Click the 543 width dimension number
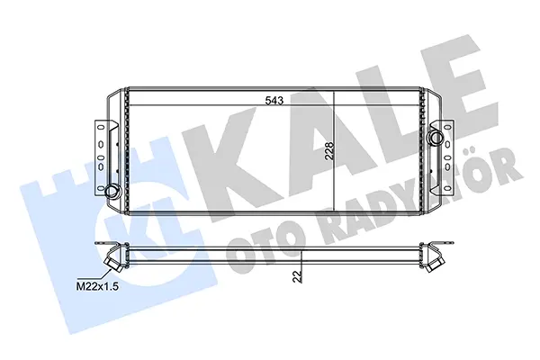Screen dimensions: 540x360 click(x=274, y=101)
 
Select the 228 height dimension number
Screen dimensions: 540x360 click(x=329, y=150)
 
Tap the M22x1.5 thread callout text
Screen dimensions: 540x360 click(x=97, y=286)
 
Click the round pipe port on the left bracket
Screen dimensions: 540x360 click(x=112, y=191)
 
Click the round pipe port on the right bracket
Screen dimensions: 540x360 click(x=436, y=138)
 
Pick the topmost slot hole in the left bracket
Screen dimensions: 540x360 click(x=101, y=127)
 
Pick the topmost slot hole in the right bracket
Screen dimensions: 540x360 click(x=447, y=127)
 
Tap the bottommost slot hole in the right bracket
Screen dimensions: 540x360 click(x=447, y=188)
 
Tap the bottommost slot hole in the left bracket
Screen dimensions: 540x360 click(x=101, y=188)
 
